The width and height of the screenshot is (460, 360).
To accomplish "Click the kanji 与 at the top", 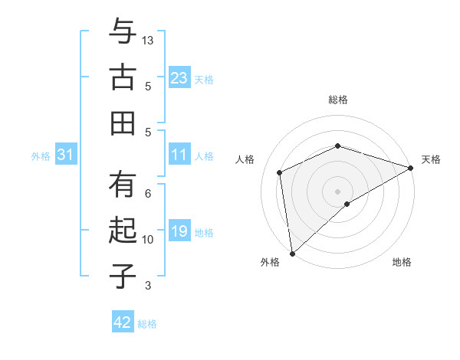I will point(123,33).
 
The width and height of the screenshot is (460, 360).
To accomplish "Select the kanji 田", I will point(123,122).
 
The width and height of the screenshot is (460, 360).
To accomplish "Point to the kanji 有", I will point(123,187).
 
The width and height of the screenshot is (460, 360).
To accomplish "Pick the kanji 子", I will point(123,275).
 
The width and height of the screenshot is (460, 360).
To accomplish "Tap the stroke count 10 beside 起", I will point(148,240).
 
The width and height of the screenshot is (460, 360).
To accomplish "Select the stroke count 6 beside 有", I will point(148,193).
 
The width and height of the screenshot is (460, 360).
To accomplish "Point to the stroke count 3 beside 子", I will point(148,286).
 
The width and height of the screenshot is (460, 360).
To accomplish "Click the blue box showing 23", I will point(179,78).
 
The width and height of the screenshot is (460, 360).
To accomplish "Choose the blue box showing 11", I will point(179,155).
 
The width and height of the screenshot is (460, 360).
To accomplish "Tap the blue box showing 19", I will point(179,232).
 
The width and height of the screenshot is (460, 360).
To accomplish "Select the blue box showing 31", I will point(66,155).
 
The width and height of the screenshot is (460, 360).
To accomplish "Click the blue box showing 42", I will point(123,322).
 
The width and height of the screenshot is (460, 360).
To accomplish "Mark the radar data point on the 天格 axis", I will point(411,168).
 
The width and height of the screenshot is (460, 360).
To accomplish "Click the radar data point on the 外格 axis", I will point(291,254).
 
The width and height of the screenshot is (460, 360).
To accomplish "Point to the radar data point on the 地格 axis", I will point(347,204).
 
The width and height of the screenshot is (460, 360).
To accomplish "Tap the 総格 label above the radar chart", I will point(338,100).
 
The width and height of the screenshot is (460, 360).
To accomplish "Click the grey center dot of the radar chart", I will point(338,191).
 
